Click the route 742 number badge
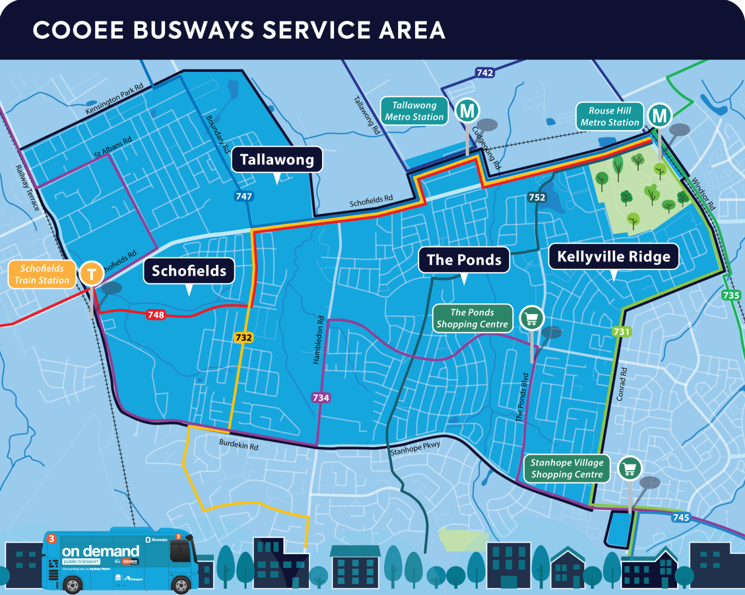(485, 73)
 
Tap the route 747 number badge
(243, 196)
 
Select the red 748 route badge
(156, 314)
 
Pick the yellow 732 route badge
(243, 337)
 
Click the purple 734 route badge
(321, 397)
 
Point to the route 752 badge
(537, 197)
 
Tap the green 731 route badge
(621, 331)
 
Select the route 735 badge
(731, 295)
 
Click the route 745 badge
(680, 517)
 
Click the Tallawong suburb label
(277, 160)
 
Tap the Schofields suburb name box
(189, 271)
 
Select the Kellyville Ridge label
(614, 256)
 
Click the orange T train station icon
(91, 274)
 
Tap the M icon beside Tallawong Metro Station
(467, 111)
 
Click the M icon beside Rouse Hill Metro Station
(660, 116)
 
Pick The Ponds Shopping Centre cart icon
(532, 318)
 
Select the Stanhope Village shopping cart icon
(630, 468)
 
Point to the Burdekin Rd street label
(239, 444)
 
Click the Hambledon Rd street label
(318, 340)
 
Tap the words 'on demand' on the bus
(100, 551)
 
